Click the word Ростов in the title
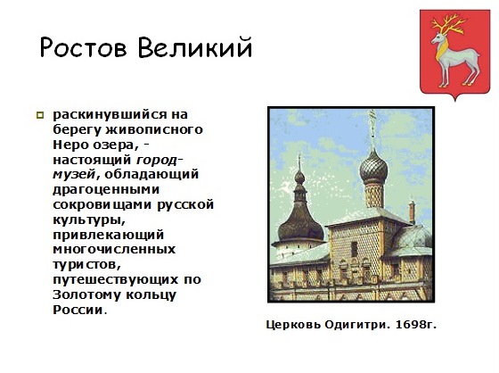(x=84, y=47)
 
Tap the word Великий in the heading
(x=195, y=47)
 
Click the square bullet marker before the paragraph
(x=40, y=115)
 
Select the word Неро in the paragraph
(x=71, y=145)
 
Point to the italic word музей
(x=74, y=175)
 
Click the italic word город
(x=156, y=160)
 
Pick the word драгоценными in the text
(x=106, y=190)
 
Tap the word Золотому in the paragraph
(x=87, y=294)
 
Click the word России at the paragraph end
(x=78, y=310)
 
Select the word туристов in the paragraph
(x=86, y=265)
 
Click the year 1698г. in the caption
(x=416, y=325)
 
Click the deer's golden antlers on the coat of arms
(x=448, y=25)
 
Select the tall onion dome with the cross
(x=373, y=168)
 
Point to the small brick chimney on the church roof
(x=412, y=211)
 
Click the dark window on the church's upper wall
(x=355, y=249)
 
